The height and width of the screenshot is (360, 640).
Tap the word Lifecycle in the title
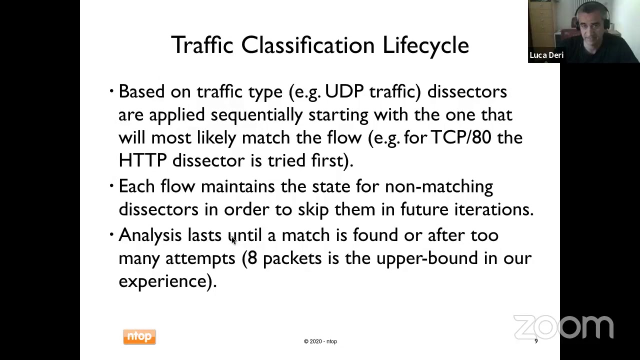425,45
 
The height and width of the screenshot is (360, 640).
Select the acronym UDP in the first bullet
344,91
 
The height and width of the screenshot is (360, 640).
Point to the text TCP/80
460,137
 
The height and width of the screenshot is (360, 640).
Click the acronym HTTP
142,160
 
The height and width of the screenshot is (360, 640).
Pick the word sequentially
256,115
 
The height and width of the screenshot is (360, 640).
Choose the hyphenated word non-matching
438,186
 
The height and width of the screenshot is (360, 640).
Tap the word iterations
493,209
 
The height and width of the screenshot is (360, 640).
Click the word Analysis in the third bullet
150,235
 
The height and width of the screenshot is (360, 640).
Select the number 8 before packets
252,258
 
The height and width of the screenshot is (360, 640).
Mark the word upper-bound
427,258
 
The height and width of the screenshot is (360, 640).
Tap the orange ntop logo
139,337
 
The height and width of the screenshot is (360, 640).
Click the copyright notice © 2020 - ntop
320,341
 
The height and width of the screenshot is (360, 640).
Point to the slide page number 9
536,341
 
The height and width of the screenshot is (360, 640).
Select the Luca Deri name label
546,55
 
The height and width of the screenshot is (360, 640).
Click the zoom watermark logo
563,327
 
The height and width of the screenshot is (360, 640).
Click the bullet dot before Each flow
111,186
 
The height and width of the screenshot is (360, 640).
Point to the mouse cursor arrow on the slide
233,240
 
